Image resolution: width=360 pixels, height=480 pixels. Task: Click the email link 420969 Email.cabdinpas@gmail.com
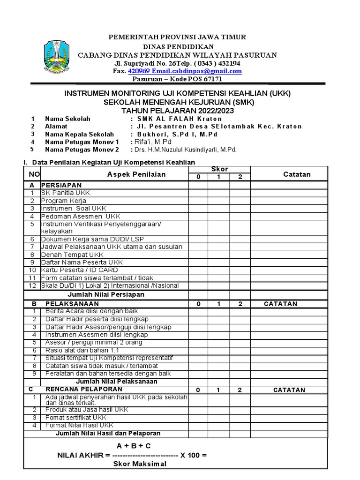[185, 71]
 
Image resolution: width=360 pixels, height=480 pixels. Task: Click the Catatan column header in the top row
[297, 174]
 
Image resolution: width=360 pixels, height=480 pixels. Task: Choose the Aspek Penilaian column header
[136, 174]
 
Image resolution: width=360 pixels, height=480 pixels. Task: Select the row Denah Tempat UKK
[72, 255]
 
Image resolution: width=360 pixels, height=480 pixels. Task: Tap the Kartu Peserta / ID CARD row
[79, 270]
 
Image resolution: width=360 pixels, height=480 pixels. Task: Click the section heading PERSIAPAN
[61, 185]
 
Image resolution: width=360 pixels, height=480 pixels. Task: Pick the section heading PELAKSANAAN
[66, 304]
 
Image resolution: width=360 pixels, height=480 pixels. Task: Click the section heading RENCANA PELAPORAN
[75, 390]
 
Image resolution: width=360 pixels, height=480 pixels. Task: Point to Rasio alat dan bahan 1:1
[82, 350]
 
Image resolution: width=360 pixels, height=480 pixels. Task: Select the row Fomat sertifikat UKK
[76, 418]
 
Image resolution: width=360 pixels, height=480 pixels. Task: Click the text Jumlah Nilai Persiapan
[106, 294]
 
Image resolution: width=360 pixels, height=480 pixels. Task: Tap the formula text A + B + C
[134, 445]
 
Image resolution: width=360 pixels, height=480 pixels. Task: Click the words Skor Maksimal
[140, 464]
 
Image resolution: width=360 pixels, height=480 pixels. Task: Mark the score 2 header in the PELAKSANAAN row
[240, 304]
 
